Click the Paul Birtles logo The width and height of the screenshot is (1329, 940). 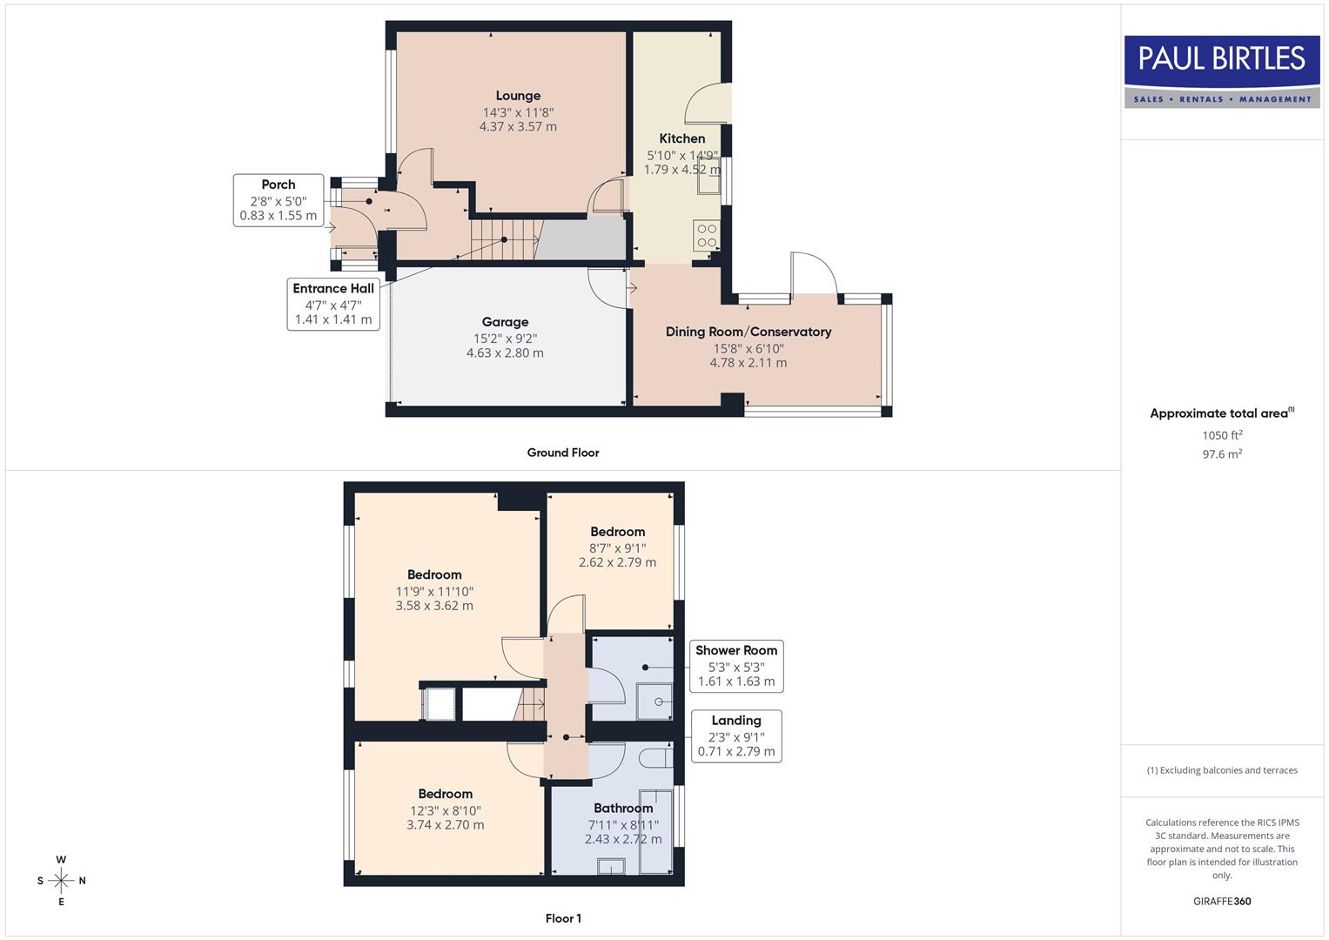click(x=1222, y=71)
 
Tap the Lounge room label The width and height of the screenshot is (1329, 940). click(x=518, y=96)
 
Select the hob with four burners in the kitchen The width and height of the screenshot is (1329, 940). click(x=706, y=235)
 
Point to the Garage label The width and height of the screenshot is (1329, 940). click(x=505, y=322)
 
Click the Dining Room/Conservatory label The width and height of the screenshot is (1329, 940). click(x=748, y=332)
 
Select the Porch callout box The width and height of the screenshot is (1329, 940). click(x=279, y=200)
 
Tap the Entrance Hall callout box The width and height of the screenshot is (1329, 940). click(x=333, y=304)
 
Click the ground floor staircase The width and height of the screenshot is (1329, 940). click(x=505, y=239)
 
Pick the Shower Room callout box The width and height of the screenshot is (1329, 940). click(x=736, y=666)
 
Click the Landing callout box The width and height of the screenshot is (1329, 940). click(x=736, y=735)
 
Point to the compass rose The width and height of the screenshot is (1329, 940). click(x=61, y=881)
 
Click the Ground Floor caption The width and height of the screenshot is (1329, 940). click(x=563, y=453)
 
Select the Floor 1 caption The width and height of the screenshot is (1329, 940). click(x=563, y=918)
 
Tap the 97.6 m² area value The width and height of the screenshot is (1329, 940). click(x=1222, y=454)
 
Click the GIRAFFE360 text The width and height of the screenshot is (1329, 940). click(x=1222, y=902)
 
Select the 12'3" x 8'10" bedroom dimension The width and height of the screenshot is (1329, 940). click(x=445, y=810)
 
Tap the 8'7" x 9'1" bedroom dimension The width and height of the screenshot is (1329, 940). click(x=617, y=548)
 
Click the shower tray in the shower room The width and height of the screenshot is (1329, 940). click(x=654, y=702)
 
